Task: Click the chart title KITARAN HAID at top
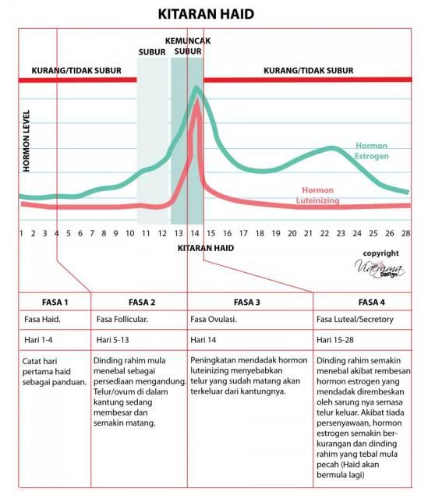tap(206, 14)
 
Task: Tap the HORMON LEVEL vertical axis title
tap(27, 141)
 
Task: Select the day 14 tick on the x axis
tap(195, 234)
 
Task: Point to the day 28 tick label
tap(405, 234)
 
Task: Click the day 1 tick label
tap(21, 234)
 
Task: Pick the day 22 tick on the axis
tap(324, 234)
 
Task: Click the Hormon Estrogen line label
tap(371, 150)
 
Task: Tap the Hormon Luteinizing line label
tap(317, 195)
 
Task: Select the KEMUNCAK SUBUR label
tap(188, 46)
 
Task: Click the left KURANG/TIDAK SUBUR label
tap(76, 71)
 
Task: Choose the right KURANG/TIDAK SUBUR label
tap(309, 71)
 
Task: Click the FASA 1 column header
tap(55, 303)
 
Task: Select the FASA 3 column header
tap(247, 303)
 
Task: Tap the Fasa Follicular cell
tap(122, 319)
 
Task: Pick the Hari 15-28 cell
tap(335, 340)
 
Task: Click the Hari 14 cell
tap(203, 340)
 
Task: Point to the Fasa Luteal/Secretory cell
tap(355, 319)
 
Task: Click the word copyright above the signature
tap(381, 253)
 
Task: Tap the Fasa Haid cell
tap(42, 319)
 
